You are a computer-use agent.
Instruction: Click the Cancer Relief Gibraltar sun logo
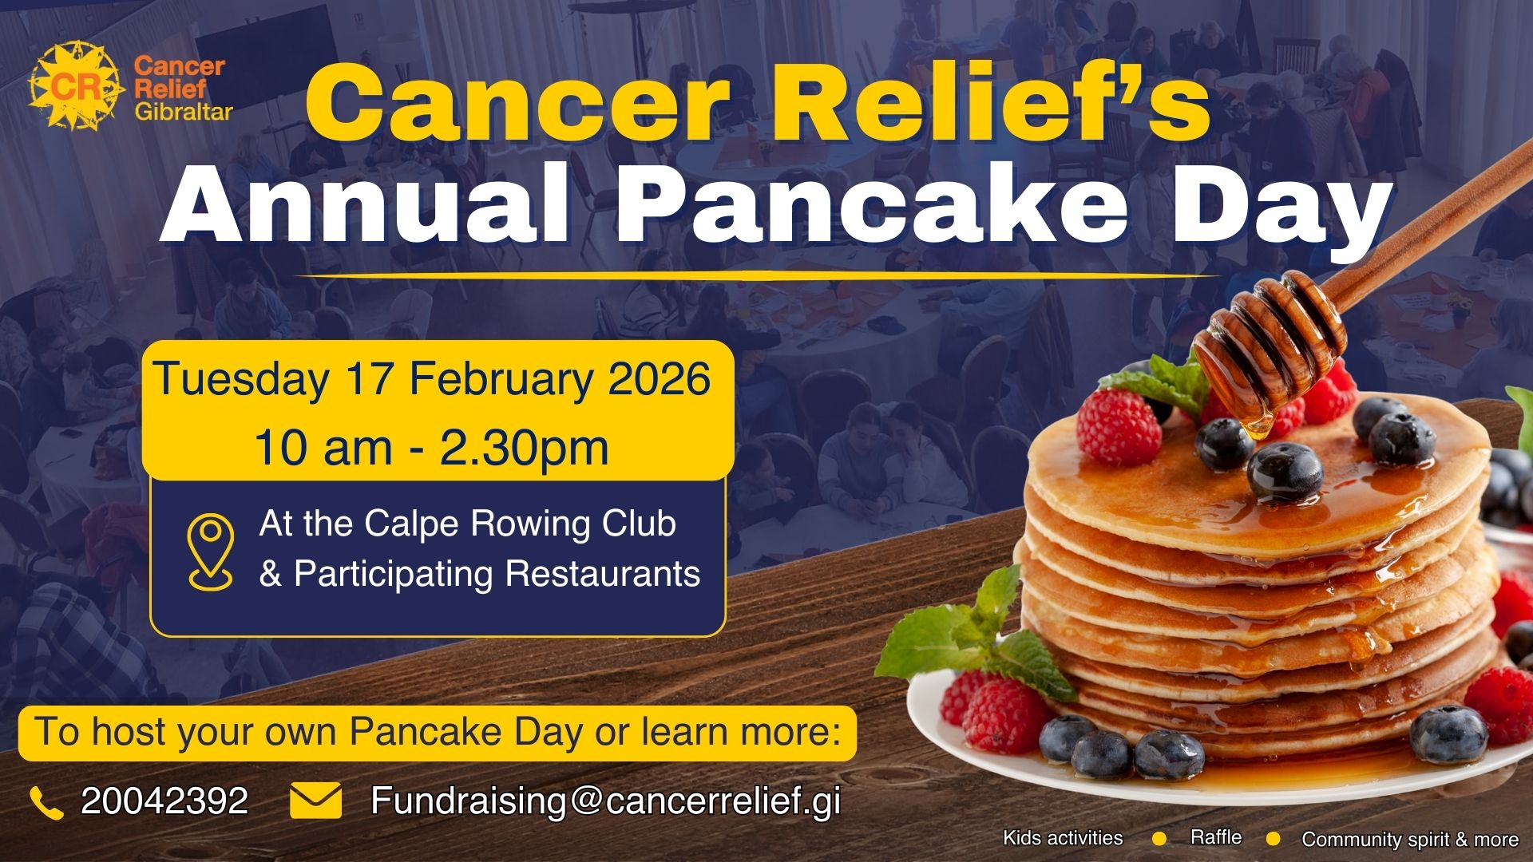[77, 86]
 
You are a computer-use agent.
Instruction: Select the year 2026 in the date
[660, 378]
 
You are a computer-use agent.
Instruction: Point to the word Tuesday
[241, 380]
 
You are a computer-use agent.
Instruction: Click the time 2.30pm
[524, 449]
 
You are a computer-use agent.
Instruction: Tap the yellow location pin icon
[211, 552]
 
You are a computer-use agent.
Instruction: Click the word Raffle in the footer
[1215, 837]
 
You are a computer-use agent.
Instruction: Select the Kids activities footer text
[1063, 838]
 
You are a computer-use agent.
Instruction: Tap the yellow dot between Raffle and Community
[1274, 839]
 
